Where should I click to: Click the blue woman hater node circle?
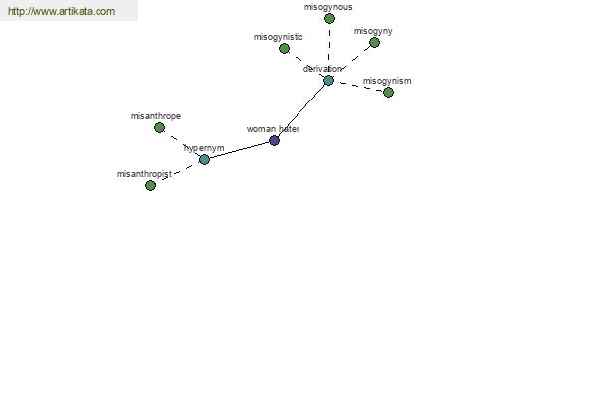click(x=275, y=141)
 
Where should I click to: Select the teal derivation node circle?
click(x=328, y=81)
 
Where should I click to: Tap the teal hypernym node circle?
click(x=204, y=159)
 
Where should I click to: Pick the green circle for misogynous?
click(x=329, y=18)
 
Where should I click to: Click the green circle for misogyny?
click(x=375, y=42)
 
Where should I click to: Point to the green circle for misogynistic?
click(x=284, y=49)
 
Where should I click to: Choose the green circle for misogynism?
click(x=388, y=93)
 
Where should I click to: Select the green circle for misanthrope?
click(x=160, y=128)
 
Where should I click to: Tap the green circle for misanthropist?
click(x=151, y=185)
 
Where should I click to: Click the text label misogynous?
click(x=328, y=7)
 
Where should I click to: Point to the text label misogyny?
click(x=373, y=31)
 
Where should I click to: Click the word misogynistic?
click(x=279, y=37)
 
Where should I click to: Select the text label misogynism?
click(x=387, y=81)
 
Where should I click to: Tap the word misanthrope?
click(x=156, y=116)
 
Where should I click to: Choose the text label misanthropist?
click(x=144, y=174)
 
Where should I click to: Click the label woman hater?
click(x=273, y=129)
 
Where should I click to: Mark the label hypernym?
click(x=204, y=148)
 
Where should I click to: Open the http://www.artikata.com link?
click(x=62, y=11)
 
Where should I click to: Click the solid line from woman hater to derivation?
click(x=301, y=110)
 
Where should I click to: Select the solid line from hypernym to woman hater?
click(x=239, y=150)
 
